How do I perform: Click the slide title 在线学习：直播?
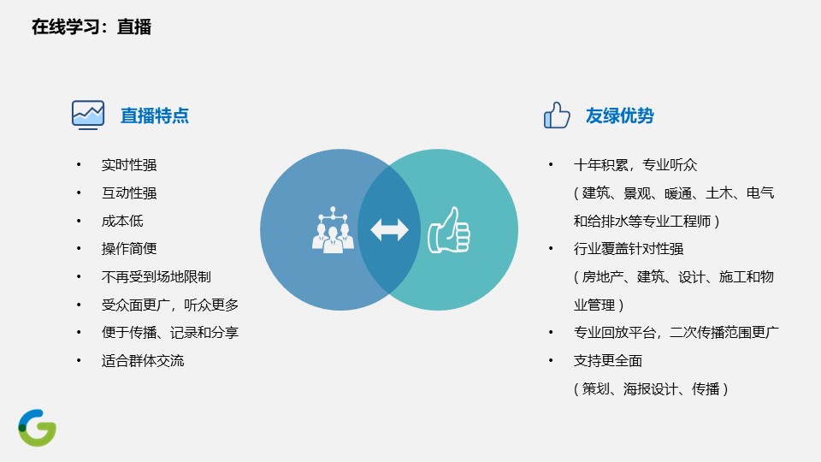tap(92, 27)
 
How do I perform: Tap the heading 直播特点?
tap(155, 115)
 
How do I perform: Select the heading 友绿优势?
tap(619, 115)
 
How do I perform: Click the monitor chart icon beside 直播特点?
tap(88, 115)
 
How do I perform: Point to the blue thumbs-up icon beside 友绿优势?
tap(557, 115)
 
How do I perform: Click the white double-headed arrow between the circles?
tap(389, 229)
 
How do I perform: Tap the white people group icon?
tap(333, 230)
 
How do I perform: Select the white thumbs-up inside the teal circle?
tap(449, 229)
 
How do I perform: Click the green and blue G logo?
tap(37, 428)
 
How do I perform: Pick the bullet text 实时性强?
tap(129, 165)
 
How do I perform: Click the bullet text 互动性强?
tap(129, 193)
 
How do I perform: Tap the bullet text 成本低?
tap(122, 221)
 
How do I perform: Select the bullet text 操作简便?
tap(129, 249)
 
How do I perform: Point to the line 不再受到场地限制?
tap(157, 276)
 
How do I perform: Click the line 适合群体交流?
tap(143, 360)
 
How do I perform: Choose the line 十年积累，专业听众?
tap(635, 165)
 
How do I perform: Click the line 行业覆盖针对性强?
tap(629, 249)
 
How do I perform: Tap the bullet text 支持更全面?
tap(608, 360)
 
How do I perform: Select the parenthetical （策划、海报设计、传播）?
tap(651, 388)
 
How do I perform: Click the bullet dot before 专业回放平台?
tap(551, 332)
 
